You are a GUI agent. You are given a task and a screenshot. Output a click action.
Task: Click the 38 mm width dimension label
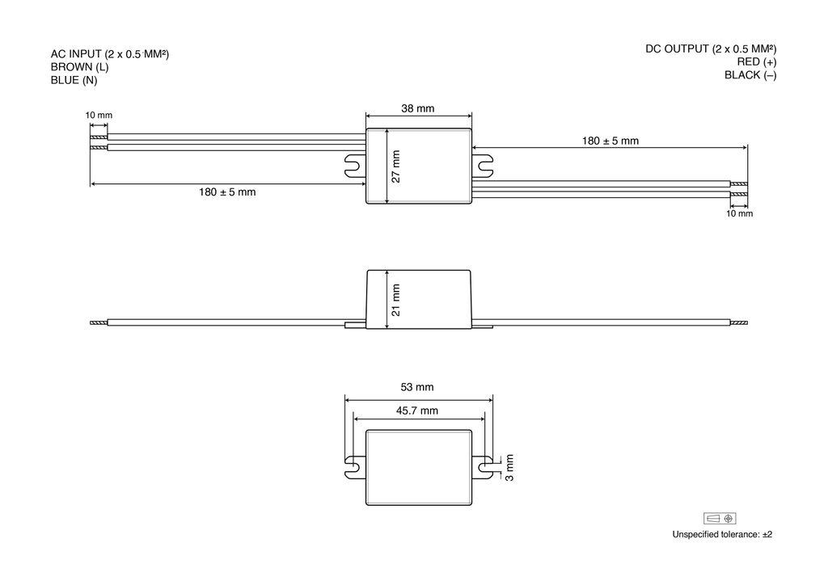418,108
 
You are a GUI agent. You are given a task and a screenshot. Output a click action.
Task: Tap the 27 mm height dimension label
396,166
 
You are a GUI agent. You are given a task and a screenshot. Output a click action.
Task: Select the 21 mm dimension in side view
396,299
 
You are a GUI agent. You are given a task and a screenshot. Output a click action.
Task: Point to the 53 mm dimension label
418,387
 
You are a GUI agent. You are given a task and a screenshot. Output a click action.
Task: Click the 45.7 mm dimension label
417,410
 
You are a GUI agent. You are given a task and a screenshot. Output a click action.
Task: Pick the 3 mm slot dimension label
509,468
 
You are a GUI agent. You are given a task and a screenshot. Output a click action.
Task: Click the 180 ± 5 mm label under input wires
227,192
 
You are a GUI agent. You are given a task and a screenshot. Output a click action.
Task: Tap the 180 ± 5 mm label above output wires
610,141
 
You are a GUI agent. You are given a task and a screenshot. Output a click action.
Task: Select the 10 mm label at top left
99,116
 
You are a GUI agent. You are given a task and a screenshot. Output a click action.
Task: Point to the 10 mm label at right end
739,214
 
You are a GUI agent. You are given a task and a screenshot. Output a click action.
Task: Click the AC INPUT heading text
109,54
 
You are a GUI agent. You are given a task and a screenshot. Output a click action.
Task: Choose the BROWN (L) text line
79,67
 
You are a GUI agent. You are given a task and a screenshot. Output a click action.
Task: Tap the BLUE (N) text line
74,80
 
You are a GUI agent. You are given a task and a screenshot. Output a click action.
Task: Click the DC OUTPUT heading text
711,48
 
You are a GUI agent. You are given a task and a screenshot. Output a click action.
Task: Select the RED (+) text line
757,61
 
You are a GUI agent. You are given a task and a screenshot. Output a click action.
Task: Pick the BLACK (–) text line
750,75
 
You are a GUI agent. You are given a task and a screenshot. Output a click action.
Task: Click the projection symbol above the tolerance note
720,518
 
